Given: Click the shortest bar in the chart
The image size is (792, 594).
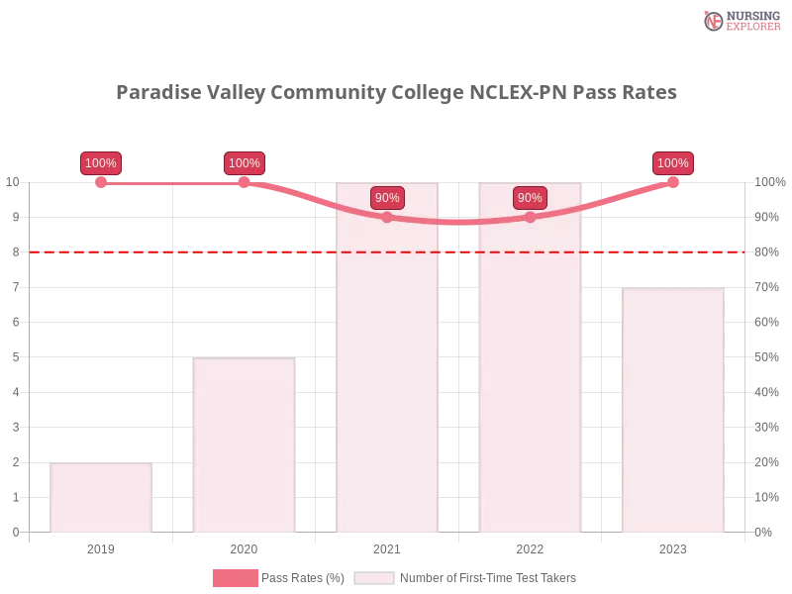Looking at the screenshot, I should pyautogui.click(x=102, y=498).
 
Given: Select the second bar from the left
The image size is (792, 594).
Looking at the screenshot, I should pyautogui.click(x=245, y=445).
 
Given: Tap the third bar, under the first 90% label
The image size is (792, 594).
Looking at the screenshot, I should pyautogui.click(x=387, y=376).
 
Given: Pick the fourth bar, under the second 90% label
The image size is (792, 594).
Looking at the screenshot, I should pyautogui.click(x=530, y=376).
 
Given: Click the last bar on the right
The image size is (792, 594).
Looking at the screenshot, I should pyautogui.click(x=672, y=411).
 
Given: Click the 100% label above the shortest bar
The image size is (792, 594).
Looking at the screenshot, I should pyautogui.click(x=101, y=163).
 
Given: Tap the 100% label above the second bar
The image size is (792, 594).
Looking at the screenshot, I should pyautogui.click(x=244, y=163).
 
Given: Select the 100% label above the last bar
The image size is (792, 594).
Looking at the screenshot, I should pyautogui.click(x=673, y=163).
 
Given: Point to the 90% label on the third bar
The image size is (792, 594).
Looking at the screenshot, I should pyautogui.click(x=387, y=198).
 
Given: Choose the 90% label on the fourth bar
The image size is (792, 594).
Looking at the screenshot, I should pyautogui.click(x=530, y=198).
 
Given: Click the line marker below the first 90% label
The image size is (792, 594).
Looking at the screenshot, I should pyautogui.click(x=387, y=217).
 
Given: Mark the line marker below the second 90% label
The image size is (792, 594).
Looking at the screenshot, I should pyautogui.click(x=530, y=217).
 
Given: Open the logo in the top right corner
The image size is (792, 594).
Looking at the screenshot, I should pyautogui.click(x=740, y=20).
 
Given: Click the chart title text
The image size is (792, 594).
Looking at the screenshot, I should pyautogui.click(x=396, y=93).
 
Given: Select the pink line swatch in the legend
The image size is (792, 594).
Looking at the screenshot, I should pyautogui.click(x=235, y=578).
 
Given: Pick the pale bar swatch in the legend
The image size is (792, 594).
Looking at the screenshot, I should pyautogui.click(x=374, y=578).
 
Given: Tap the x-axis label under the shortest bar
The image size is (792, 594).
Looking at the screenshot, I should pyautogui.click(x=102, y=546).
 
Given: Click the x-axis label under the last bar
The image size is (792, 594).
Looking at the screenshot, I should pyautogui.click(x=672, y=546).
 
